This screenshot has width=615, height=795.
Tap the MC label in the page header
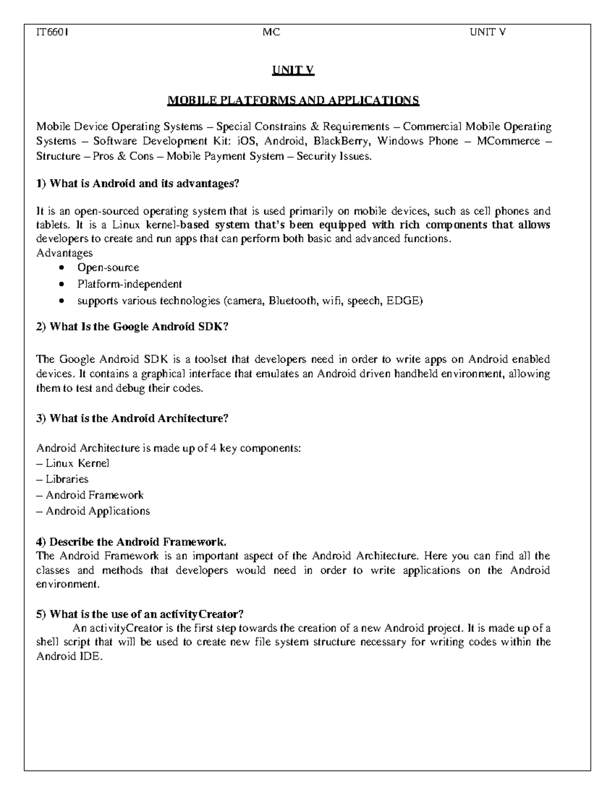[x=271, y=33]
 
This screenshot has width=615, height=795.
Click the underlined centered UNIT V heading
[x=293, y=71]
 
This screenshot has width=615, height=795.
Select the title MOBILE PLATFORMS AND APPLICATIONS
[x=294, y=100]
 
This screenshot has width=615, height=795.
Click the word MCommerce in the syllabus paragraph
[x=508, y=141]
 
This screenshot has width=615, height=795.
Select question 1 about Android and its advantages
[x=138, y=184]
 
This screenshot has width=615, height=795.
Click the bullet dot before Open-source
[x=62, y=268]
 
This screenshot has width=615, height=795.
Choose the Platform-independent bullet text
[x=129, y=284]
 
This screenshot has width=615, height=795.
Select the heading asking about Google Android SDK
[x=132, y=327]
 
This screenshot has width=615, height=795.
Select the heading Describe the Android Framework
[x=131, y=542]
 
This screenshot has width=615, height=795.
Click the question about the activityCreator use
[x=140, y=614]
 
